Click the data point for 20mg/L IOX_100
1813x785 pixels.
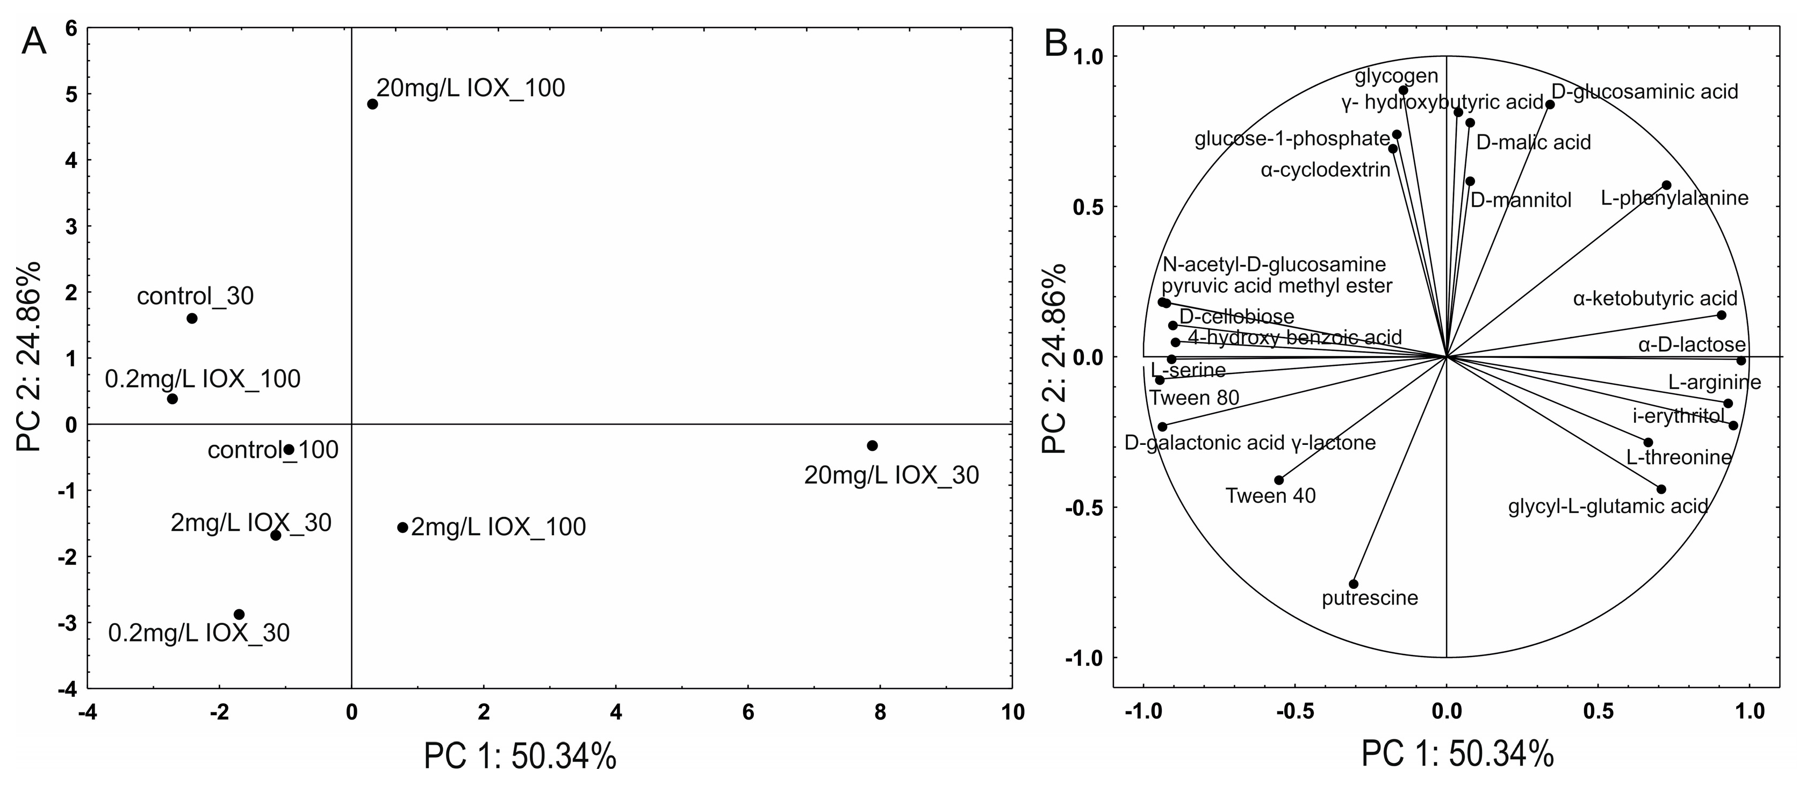(372, 104)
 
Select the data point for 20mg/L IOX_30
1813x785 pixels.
(873, 445)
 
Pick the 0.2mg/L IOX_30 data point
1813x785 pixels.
(239, 615)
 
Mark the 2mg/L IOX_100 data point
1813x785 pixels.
(402, 527)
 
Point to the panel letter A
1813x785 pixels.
(34, 42)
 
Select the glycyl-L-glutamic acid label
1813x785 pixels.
(1608, 506)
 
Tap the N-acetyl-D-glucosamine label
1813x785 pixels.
(1274, 265)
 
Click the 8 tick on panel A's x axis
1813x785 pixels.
(880, 712)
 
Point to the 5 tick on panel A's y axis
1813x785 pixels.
(70, 95)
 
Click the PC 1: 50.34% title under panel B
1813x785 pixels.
(1458, 755)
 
